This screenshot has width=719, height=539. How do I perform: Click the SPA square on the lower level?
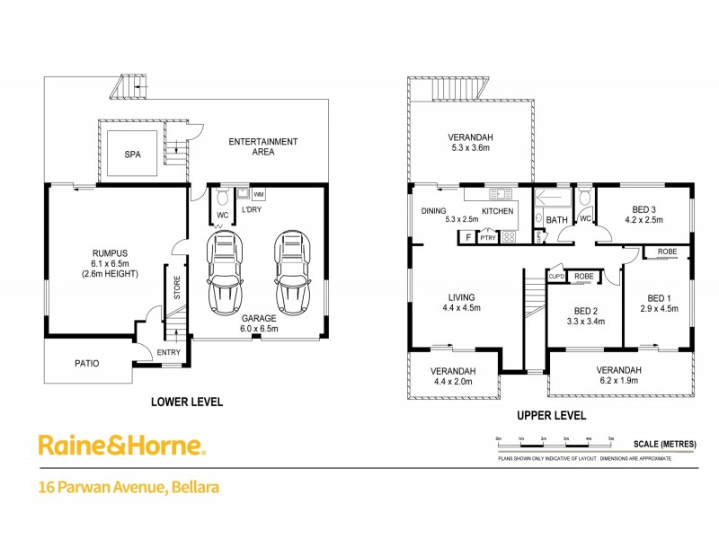tap(132, 154)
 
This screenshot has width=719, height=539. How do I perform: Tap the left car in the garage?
tap(225, 269)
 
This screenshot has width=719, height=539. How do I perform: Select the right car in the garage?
tap(291, 269)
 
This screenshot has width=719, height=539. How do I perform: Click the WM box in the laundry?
tap(259, 194)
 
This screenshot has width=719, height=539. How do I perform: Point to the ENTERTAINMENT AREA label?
tap(262, 146)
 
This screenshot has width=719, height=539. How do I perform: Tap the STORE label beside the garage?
tap(177, 287)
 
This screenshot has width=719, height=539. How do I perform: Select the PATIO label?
tap(86, 364)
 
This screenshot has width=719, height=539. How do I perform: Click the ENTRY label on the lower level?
tap(168, 352)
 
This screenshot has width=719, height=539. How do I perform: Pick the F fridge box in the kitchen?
tap(467, 237)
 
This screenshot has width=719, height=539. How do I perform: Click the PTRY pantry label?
tap(488, 237)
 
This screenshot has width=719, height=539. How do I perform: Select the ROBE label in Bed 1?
tap(666, 252)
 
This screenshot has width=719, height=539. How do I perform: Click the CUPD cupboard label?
tap(555, 277)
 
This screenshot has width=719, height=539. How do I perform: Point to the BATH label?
tap(556, 219)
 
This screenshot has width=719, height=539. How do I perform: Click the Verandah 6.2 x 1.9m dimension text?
tap(619, 381)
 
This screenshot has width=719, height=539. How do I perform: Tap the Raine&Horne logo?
tap(121, 445)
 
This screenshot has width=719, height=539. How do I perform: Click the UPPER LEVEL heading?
tap(551, 416)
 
